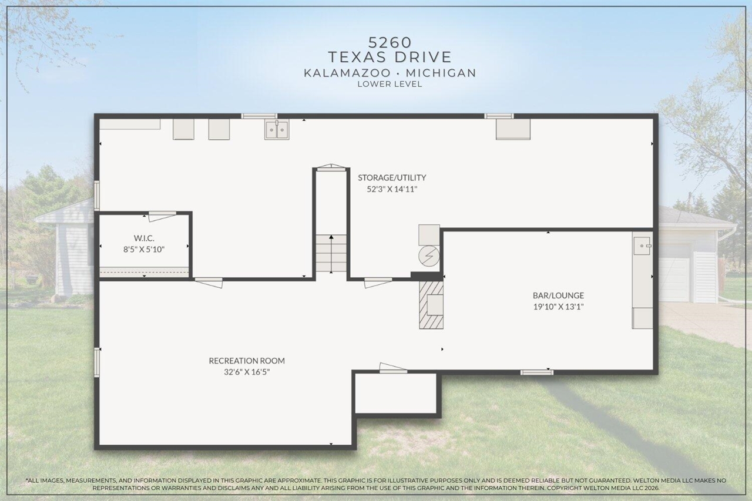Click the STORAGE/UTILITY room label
(392, 177)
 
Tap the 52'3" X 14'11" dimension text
(392, 189)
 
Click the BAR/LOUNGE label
(558, 295)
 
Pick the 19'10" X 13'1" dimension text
(558, 307)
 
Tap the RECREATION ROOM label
(247, 361)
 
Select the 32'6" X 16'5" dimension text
(247, 372)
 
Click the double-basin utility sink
(277, 129)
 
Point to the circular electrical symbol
(429, 256)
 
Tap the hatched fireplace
(430, 305)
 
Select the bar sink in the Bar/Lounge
(642, 246)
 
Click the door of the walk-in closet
(162, 216)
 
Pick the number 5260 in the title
(390, 42)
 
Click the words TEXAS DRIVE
(390, 57)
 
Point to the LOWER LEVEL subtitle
(390, 84)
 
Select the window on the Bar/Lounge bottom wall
(537, 372)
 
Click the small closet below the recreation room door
(397, 394)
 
